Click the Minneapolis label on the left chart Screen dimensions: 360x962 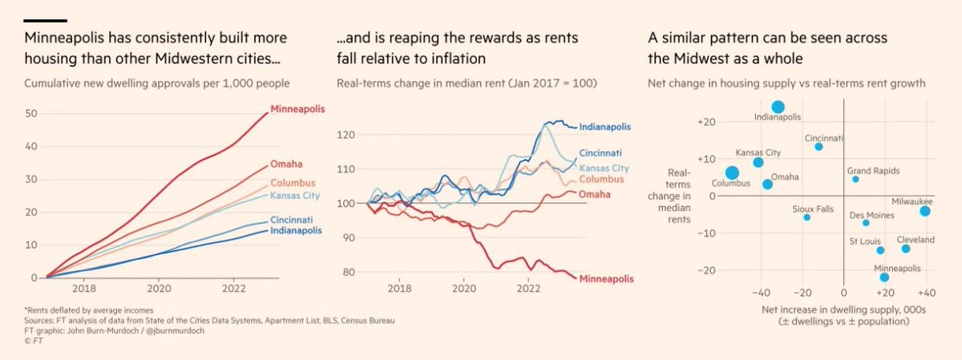coord(297,108)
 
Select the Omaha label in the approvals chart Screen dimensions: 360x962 coord(285,165)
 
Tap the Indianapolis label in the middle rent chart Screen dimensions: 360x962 coord(604,127)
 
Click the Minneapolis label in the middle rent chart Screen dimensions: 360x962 coord(606,278)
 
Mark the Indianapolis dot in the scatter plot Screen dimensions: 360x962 coord(778,107)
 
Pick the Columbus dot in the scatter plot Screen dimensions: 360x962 coord(732,172)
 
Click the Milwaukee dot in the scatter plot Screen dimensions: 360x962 coord(924,211)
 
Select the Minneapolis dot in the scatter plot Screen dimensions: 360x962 coord(884,277)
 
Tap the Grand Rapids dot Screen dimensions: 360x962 coord(855,179)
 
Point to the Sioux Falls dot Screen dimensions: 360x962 coord(806,217)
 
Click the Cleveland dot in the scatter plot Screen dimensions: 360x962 coord(905,249)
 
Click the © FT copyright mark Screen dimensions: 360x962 coord(34,339)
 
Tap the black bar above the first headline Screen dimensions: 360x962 coord(45,20)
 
